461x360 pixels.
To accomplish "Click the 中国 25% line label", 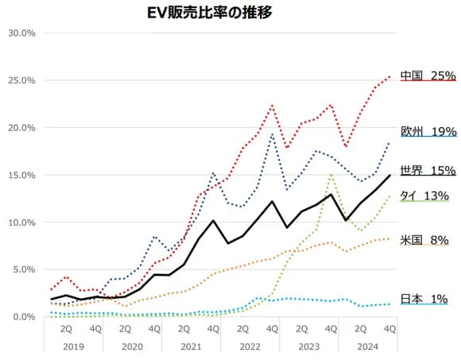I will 428,75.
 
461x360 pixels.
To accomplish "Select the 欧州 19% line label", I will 428,131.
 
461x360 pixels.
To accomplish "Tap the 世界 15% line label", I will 428,170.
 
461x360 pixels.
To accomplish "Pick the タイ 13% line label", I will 424,195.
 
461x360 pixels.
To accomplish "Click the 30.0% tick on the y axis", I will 20,33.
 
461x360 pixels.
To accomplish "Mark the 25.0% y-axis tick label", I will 20,80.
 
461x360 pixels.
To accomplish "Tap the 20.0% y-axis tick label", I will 20,128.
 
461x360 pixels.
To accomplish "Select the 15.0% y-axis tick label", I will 20,175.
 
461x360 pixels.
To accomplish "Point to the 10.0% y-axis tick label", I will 20,223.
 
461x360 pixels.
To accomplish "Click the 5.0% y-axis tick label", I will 22,269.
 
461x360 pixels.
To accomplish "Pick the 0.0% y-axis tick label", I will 22,316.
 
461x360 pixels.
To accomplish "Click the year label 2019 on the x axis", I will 72,346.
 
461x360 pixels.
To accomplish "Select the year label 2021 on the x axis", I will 190,346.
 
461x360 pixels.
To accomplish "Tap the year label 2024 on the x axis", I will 367,346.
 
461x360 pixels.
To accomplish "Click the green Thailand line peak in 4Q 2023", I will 331,176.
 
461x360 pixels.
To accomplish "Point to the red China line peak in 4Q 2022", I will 272,105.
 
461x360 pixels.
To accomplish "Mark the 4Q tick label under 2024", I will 389,328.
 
